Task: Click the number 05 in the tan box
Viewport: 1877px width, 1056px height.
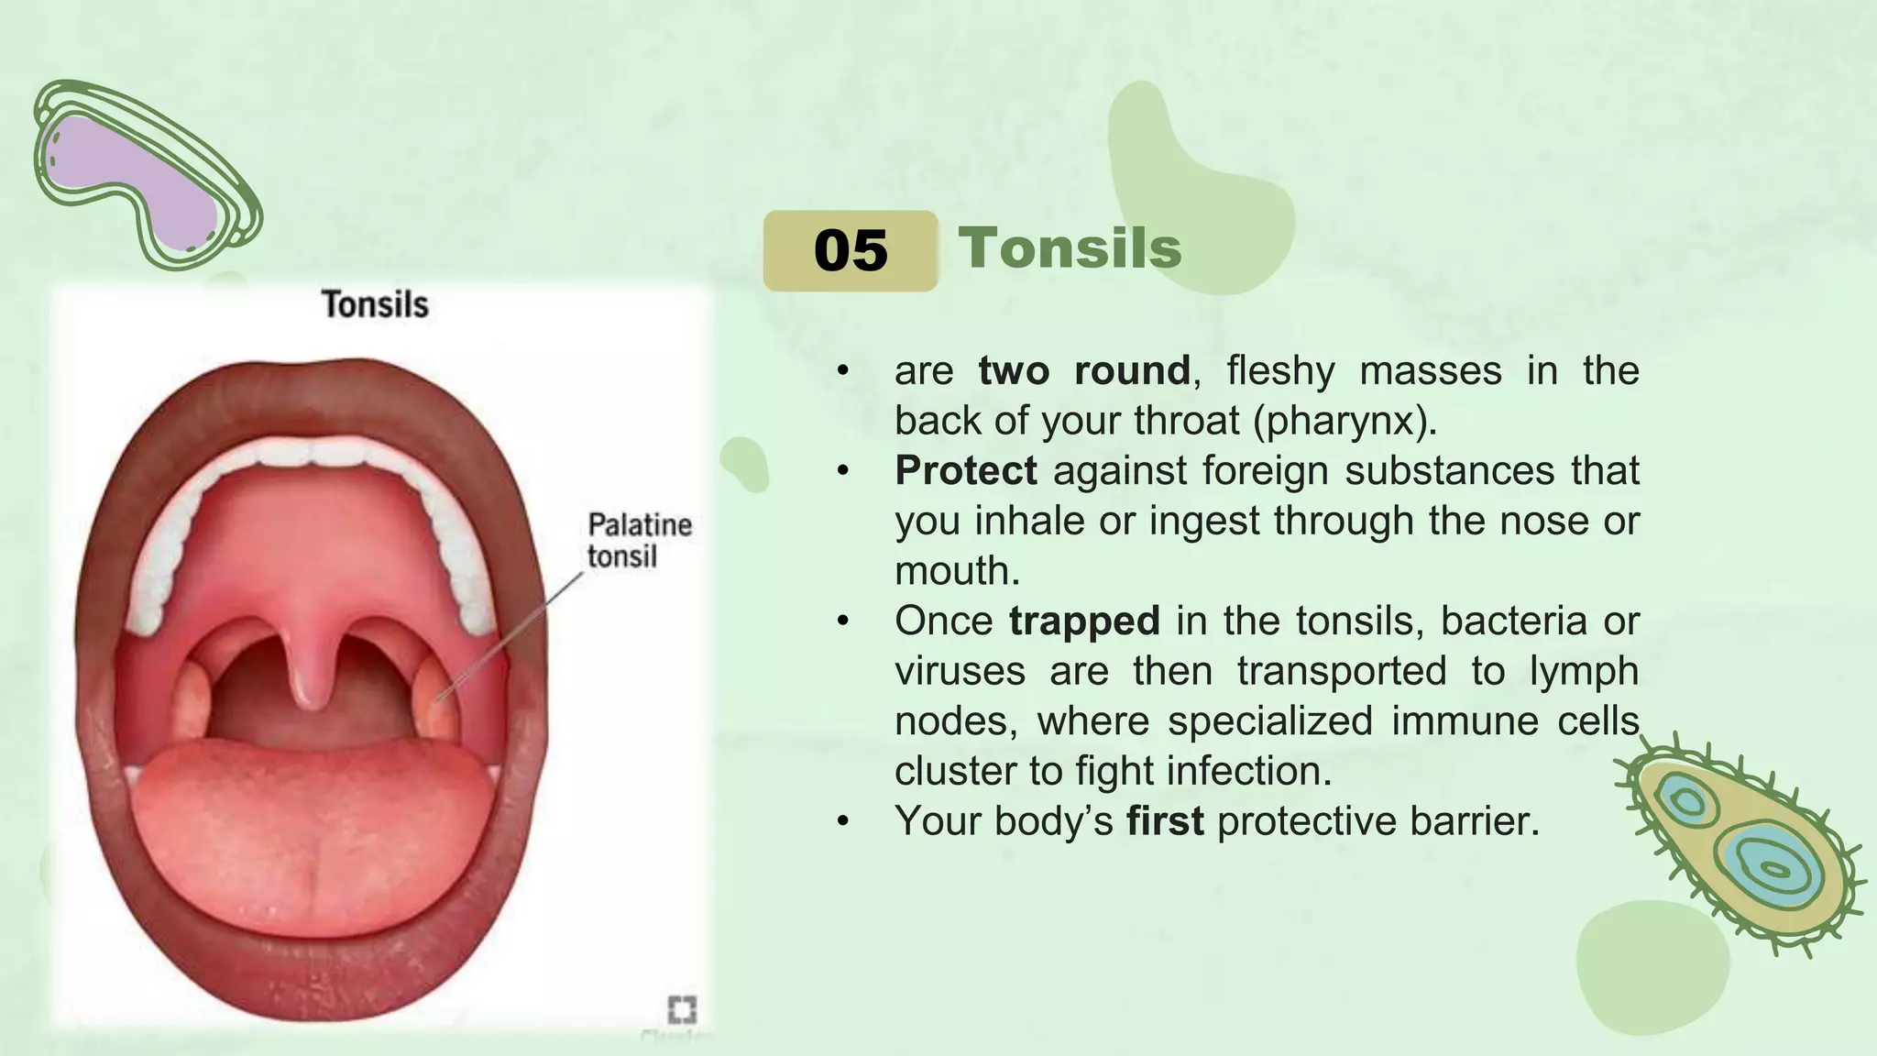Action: [851, 250]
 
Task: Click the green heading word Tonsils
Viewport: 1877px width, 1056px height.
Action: [1070, 248]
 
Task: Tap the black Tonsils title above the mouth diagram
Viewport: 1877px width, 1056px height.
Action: [375, 304]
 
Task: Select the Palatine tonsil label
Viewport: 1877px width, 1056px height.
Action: [639, 540]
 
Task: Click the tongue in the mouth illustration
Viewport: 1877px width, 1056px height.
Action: [312, 825]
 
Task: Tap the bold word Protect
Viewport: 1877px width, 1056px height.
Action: [966, 471]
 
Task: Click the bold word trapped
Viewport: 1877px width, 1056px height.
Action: [1084, 621]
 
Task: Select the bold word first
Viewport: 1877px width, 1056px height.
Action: [1165, 820]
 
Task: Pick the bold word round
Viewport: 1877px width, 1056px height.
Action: [1132, 371]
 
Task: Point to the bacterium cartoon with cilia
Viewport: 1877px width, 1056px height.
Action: [1741, 843]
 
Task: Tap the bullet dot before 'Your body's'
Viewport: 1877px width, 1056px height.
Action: [843, 821]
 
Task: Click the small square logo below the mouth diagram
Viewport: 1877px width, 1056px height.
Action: [682, 1009]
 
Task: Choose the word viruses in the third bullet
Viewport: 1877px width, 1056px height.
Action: [960, 671]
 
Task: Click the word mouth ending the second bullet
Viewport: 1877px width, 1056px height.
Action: [956, 571]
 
